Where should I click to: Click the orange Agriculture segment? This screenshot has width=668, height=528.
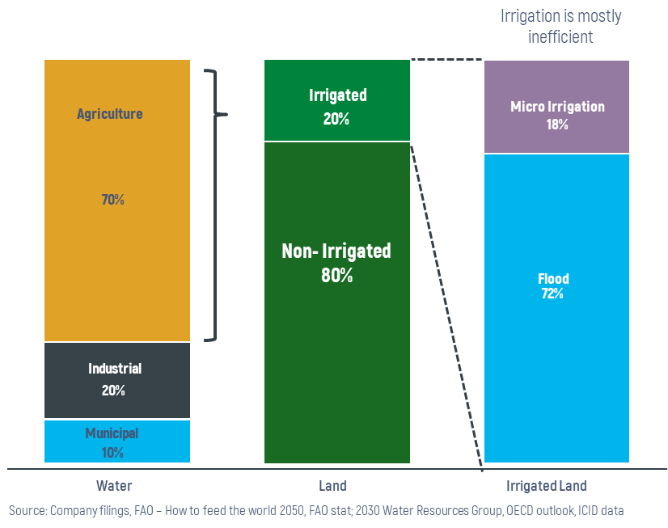pyautogui.click(x=117, y=259)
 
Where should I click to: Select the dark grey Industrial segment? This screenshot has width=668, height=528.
pyautogui.click(x=117, y=380)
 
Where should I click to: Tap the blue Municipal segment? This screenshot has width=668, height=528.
pyautogui.click(x=117, y=441)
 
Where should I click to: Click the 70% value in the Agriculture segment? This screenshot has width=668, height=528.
pyautogui.click(x=113, y=200)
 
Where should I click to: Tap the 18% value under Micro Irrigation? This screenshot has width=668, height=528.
pyautogui.click(x=556, y=125)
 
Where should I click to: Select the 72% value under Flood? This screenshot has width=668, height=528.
pyautogui.click(x=552, y=294)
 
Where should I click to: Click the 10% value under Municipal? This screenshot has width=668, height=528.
pyautogui.click(x=113, y=453)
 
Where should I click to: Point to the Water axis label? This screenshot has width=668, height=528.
pyautogui.click(x=114, y=486)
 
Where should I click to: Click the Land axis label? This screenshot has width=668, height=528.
pyautogui.click(x=332, y=486)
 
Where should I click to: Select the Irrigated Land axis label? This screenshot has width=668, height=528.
pyautogui.click(x=547, y=486)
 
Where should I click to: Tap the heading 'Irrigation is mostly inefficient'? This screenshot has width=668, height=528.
pyautogui.click(x=561, y=26)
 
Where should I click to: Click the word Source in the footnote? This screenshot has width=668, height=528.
pyautogui.click(x=27, y=511)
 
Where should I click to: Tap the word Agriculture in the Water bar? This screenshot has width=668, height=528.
pyautogui.click(x=110, y=114)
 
